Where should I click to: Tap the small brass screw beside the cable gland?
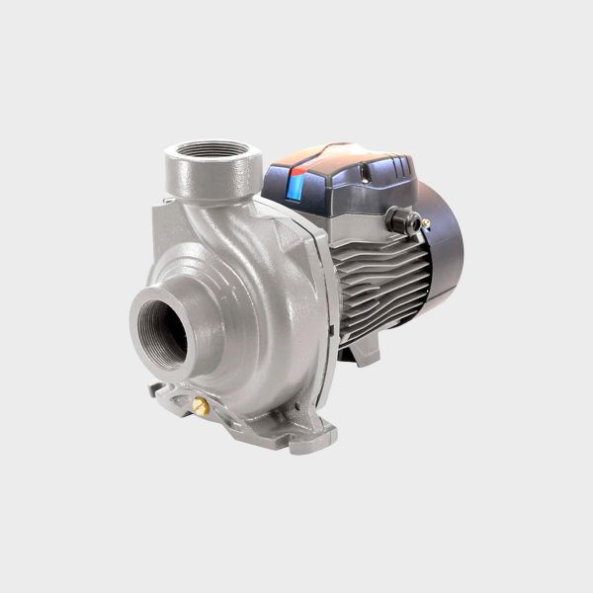[424, 223]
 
